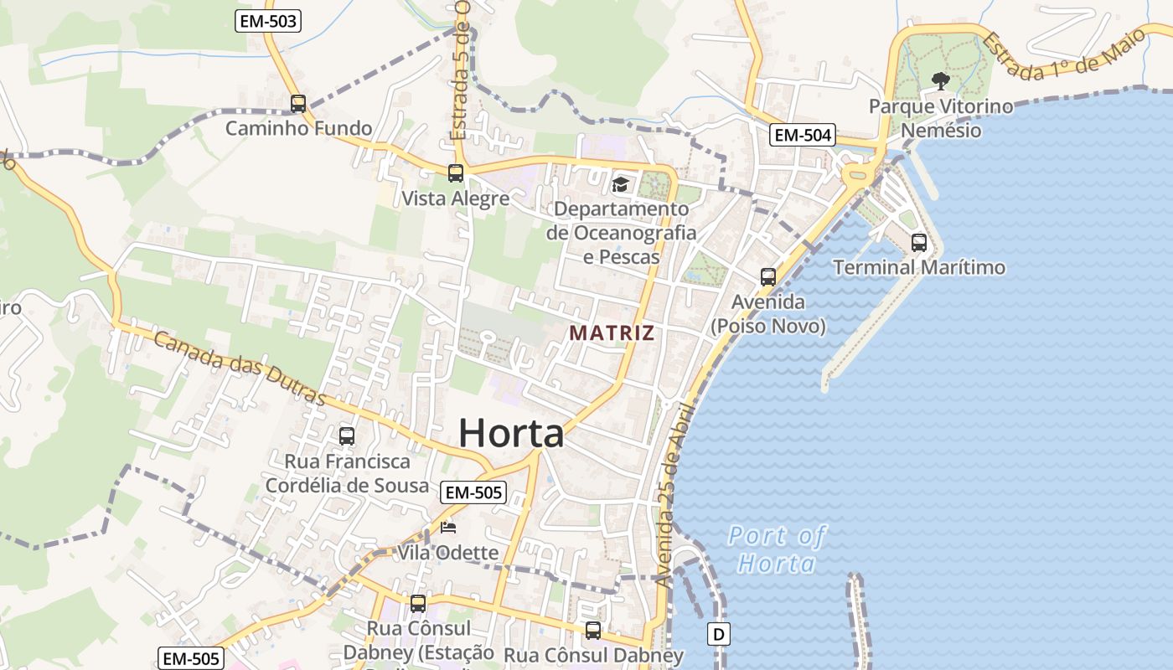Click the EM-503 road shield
268,22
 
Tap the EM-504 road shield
803,135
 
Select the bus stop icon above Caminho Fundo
298,104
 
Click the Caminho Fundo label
298,128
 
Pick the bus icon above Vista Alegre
456,173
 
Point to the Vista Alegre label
456,198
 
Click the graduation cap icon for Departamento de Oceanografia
621,184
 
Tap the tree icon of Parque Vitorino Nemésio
940,81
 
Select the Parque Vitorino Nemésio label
940,118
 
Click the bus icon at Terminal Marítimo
919,243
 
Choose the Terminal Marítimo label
919,268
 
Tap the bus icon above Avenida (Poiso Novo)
768,276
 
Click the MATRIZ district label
612,332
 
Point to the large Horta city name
511,433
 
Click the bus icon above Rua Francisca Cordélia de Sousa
347,435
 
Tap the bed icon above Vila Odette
448,528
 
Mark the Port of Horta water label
777,549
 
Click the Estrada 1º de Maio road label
1064,57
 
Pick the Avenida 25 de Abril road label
674,494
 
